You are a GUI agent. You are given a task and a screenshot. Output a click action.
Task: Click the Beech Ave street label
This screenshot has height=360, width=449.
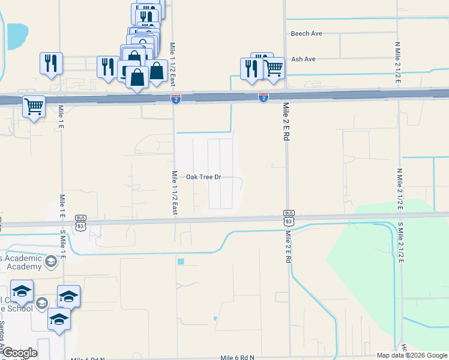tap(307, 34)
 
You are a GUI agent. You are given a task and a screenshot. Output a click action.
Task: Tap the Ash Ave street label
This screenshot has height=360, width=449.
tap(303, 59)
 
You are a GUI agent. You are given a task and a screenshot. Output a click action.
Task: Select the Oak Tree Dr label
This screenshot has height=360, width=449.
tap(203, 177)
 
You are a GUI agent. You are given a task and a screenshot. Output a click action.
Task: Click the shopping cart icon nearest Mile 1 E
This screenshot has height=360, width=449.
tap(34, 107)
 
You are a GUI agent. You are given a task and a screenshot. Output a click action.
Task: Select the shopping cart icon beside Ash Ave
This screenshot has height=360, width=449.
tap(273, 67)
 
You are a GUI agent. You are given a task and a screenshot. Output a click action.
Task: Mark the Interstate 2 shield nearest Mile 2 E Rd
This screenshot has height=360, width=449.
tap(264, 97)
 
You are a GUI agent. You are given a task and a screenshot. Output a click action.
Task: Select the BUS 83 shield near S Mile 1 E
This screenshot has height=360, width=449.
tap(81, 221)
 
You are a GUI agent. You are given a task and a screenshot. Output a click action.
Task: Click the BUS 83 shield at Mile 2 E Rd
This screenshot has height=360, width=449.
tap(289, 217)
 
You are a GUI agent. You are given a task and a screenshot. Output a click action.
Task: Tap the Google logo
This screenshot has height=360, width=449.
tap(19, 353)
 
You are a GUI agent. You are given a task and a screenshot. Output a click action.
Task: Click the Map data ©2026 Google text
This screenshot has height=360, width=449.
tap(412, 355)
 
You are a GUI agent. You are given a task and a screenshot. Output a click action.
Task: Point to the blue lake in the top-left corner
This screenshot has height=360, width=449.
tap(17, 36)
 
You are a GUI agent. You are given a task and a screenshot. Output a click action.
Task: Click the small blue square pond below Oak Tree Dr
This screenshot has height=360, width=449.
tap(181, 262)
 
